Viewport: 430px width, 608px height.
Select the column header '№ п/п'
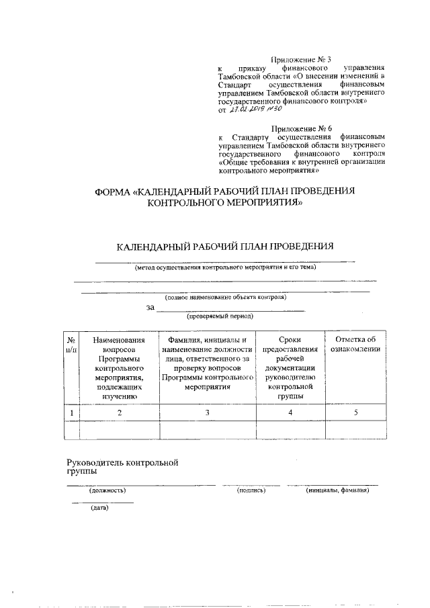71,345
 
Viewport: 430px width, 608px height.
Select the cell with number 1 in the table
71,412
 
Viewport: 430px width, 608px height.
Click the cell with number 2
120,412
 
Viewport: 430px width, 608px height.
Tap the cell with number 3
208,412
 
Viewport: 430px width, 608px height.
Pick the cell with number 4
290,412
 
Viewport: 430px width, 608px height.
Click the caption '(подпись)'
251,490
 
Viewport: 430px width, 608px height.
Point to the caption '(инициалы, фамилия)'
338,490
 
